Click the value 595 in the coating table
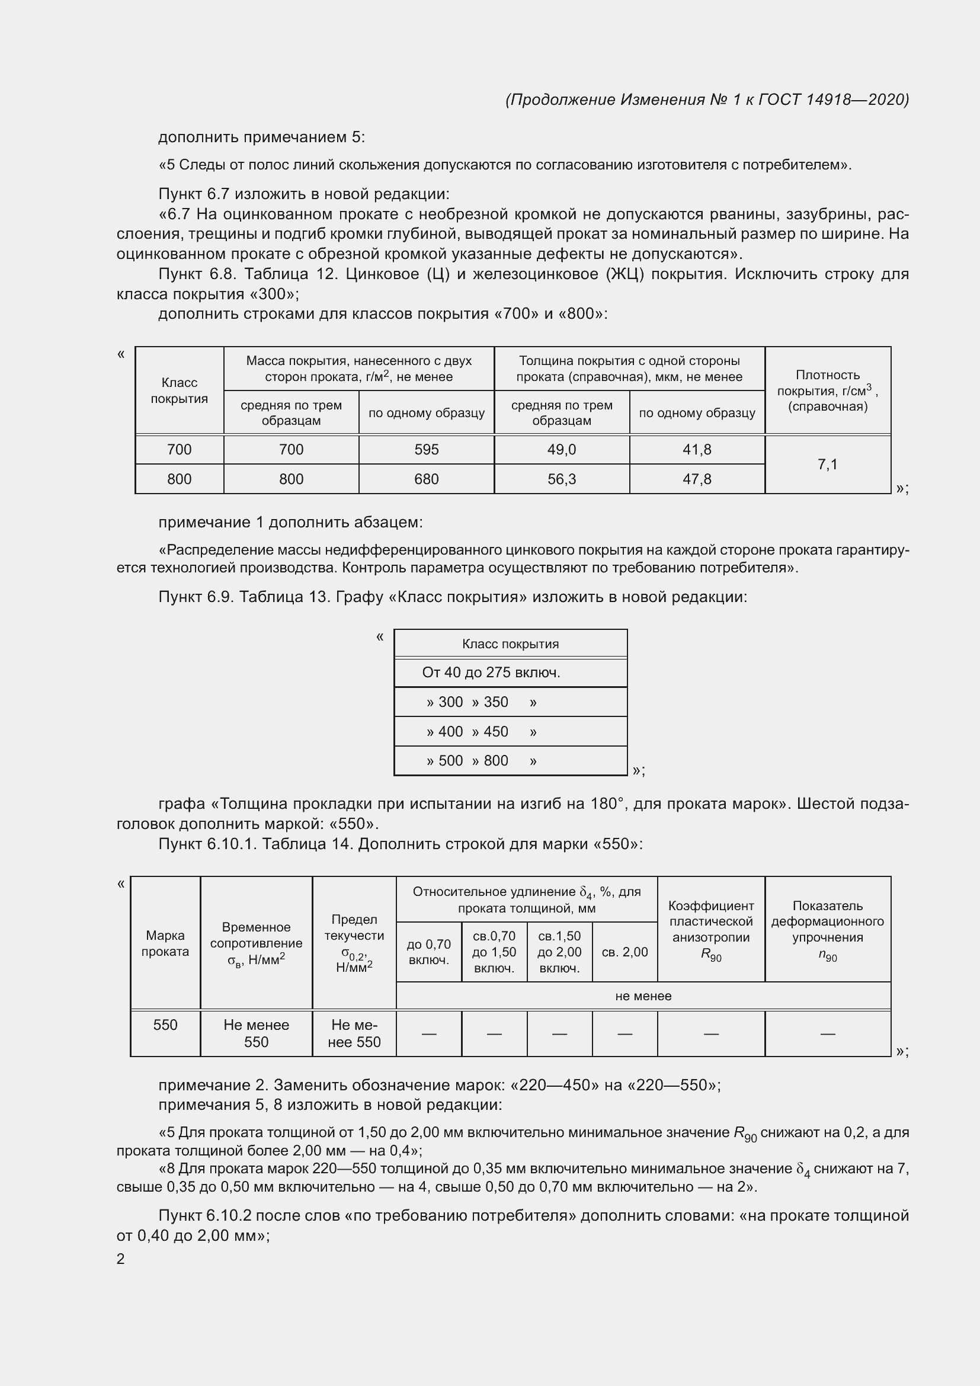426,450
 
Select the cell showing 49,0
561,450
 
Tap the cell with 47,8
696,479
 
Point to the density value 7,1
827,464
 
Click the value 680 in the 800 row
426,479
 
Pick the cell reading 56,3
561,479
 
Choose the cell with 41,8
696,450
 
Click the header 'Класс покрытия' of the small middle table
510,644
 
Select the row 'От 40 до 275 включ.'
491,673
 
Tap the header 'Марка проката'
165,943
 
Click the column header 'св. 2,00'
624,952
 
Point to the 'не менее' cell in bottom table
643,996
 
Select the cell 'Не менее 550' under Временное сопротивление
256,1033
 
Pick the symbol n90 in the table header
827,957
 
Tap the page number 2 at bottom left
121,1259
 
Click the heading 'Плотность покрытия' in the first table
827,383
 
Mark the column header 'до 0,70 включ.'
428,952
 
